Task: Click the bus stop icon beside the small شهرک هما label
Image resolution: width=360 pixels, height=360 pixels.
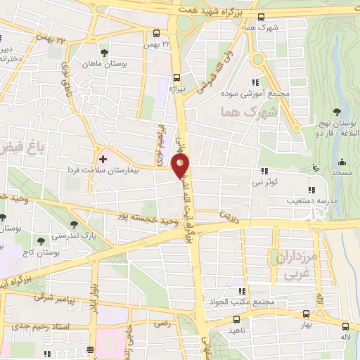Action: coord(262,18)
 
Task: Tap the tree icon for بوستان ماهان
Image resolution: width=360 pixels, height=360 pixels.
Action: coord(104,53)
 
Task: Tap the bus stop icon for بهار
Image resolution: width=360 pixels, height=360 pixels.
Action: coord(305,314)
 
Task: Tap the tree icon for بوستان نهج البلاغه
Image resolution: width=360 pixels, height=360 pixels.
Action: coord(337,111)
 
